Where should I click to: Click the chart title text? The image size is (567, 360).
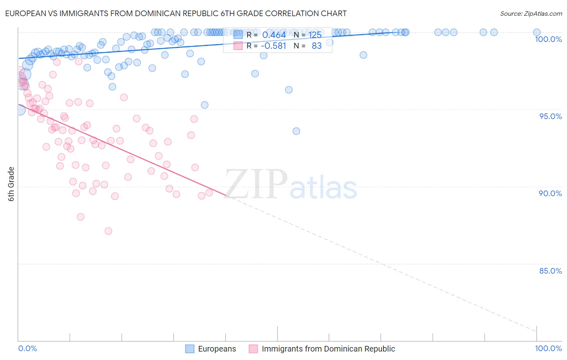(x=175, y=13)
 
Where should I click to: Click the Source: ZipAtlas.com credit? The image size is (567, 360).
(x=531, y=13)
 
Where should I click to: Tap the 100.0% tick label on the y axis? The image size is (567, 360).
(x=548, y=39)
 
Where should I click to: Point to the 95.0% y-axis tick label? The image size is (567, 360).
(x=550, y=116)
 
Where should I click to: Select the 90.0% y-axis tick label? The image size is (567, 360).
(x=550, y=193)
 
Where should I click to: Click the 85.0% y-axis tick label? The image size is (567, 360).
(x=550, y=271)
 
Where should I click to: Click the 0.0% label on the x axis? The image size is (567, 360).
(x=27, y=348)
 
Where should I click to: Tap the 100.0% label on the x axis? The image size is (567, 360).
(x=548, y=348)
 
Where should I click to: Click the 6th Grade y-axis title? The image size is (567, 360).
(x=11, y=184)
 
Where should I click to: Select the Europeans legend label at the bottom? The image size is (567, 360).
(x=217, y=349)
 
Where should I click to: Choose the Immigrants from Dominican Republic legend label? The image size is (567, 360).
(x=328, y=349)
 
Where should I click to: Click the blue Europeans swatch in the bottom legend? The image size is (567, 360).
(x=190, y=349)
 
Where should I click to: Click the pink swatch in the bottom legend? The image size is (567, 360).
(x=253, y=349)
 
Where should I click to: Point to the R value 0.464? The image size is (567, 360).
(x=274, y=35)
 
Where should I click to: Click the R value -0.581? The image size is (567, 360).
(x=273, y=46)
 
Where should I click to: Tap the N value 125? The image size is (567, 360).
(x=315, y=35)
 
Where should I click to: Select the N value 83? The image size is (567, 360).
(x=317, y=46)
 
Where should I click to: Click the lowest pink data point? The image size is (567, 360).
(x=108, y=231)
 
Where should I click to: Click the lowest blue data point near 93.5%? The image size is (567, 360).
(x=296, y=131)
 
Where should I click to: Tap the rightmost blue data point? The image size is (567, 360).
(x=537, y=32)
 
